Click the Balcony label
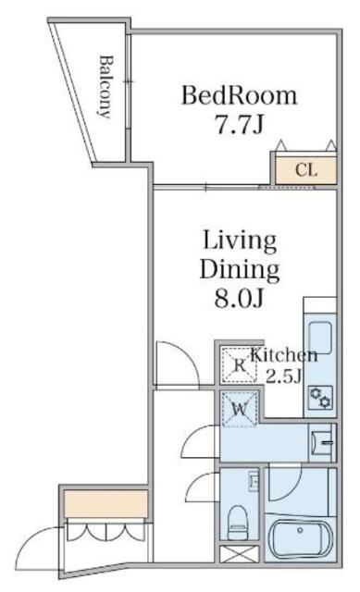pos(105,88)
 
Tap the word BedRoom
pos(239,95)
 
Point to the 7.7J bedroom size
pos(239,125)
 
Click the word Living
pos(240,242)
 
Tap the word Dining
pos(240,271)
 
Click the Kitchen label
pos(285,355)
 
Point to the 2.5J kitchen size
pos(285,375)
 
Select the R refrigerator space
pos(239,365)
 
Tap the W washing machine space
pos(238,407)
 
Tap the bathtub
pos(302,541)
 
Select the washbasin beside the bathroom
pos(323,442)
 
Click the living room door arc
pos(172,361)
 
